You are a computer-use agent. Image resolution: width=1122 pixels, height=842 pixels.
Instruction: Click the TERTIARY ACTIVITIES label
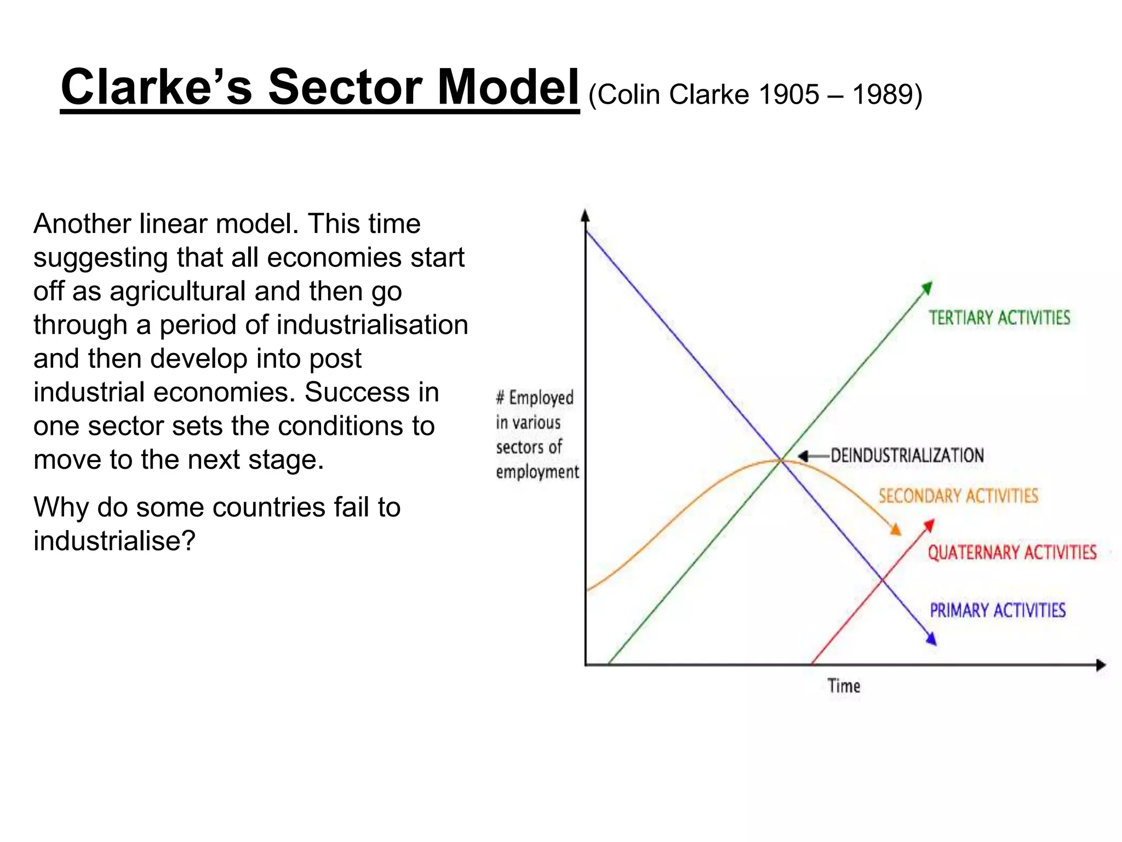pos(999,318)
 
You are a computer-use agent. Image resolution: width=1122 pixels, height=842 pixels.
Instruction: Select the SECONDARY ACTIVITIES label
pos(958,496)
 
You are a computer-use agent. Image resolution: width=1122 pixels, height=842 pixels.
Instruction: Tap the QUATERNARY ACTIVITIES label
pos(1012,553)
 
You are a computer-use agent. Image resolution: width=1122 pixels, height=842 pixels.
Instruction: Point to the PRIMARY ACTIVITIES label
pos(998,611)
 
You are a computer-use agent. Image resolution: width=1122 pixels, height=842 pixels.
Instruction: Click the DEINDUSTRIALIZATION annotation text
pos(907,456)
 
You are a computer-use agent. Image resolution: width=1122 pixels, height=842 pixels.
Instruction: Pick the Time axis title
pos(844,686)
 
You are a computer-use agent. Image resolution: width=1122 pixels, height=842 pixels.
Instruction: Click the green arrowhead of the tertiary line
pos(927,288)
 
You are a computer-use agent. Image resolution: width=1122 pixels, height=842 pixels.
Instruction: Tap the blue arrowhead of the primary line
pos(931,639)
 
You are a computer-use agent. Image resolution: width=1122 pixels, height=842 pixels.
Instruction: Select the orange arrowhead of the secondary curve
pos(896,530)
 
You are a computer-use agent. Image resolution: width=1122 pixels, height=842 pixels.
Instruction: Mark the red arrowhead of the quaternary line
pos(929,525)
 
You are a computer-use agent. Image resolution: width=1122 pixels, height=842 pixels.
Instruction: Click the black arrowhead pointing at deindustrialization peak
pos(803,456)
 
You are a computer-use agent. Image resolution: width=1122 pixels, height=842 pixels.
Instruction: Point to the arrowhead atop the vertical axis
pos(585,215)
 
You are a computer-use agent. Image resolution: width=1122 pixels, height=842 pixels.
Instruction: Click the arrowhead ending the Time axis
pos(1101,665)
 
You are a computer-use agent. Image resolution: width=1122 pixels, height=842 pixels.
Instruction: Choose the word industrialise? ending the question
pos(115,542)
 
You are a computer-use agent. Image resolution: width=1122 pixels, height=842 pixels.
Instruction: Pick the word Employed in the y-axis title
pos(541,398)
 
